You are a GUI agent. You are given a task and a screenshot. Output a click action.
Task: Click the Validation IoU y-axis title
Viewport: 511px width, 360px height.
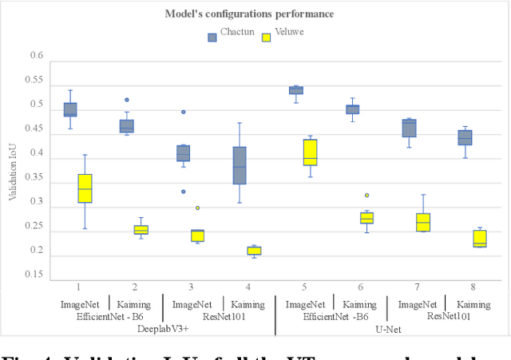coord(13,167)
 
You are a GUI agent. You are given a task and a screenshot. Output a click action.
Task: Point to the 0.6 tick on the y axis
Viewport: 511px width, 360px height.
coord(36,56)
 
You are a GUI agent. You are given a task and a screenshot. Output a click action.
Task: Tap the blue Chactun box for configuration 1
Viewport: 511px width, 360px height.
coord(70,109)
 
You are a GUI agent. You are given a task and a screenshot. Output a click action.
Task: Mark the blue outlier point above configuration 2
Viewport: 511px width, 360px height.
coord(127,100)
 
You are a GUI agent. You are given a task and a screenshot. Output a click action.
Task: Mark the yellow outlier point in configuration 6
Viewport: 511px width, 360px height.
coord(367,195)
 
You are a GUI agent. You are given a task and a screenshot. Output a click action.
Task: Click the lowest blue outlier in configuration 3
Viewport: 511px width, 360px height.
coord(183,192)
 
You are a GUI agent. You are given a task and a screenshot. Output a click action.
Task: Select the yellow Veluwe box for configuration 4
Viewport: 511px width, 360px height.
coord(254,250)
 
